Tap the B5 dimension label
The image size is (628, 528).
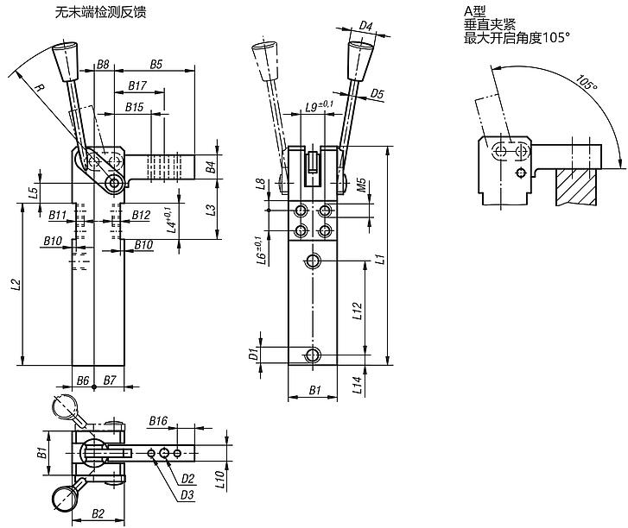tap(156, 64)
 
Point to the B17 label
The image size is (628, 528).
tap(137, 85)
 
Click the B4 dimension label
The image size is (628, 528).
tap(211, 167)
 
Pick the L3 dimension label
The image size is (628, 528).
tap(211, 210)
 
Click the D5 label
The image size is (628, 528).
tap(377, 93)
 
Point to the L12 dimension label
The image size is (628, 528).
tap(358, 311)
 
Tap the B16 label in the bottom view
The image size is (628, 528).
tap(157, 420)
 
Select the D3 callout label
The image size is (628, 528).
tap(187, 494)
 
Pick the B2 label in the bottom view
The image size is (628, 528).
tap(98, 513)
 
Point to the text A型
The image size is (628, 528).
tap(475, 10)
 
